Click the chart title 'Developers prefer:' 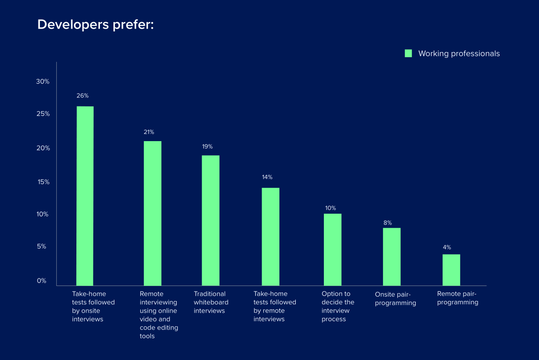pos(96,24)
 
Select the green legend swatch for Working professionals pos(408,53)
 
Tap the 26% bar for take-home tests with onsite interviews pos(85,195)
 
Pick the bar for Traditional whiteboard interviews pos(210,220)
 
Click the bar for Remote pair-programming pos(451,270)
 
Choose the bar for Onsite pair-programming pos(391,257)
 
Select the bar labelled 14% pos(270,237)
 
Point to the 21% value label pos(149,132)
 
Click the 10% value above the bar pos(330,208)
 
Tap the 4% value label pos(447,247)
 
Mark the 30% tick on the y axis pos(43,82)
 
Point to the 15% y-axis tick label pos(44,182)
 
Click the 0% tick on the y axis pos(42,281)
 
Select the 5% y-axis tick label pos(42,247)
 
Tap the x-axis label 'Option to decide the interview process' pos(337,307)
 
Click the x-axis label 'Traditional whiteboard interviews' pos(211,302)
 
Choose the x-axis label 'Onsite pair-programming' pos(395,299)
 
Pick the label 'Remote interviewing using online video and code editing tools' pos(158,315)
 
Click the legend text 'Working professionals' pos(459,53)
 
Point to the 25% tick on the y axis pos(43,114)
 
